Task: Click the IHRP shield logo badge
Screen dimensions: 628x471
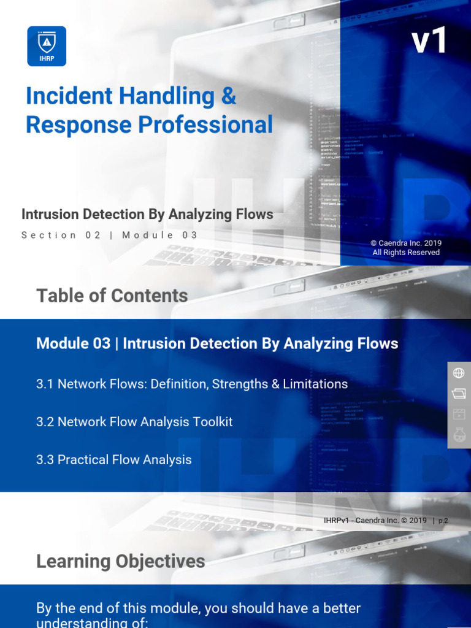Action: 47,45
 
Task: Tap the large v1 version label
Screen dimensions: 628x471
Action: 429,41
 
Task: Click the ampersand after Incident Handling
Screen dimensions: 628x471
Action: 228,96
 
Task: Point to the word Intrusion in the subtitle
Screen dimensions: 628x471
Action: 49,215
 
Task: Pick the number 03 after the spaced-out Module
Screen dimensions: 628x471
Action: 190,235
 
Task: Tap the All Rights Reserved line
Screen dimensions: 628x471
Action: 406,253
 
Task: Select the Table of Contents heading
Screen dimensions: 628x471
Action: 112,296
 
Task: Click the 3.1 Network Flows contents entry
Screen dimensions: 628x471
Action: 192,384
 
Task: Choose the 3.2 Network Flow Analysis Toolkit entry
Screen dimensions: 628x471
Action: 134,422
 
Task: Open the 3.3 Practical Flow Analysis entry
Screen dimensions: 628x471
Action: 114,460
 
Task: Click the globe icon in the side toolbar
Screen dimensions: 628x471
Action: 459,373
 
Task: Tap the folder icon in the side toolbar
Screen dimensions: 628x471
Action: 459,393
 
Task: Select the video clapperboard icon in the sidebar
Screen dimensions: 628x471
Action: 459,414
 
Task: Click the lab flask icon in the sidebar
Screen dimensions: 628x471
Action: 459,435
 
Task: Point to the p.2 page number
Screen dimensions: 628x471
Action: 443,521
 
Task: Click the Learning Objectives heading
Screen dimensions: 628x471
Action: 121,561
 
